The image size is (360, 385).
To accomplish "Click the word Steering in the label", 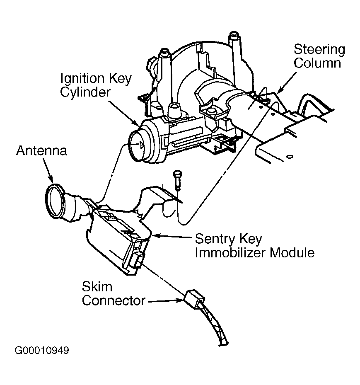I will coord(319,50).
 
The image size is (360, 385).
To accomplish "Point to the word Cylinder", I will coord(85,92).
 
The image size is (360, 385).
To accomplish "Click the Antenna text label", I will coord(41,150).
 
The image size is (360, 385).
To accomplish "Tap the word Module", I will coord(293,252).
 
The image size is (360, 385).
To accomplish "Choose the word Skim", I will coord(97,287).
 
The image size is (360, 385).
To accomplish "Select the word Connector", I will coord(114,300).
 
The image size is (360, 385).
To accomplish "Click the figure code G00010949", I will coord(42,351).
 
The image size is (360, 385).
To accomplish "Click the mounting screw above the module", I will coord(177,178).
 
